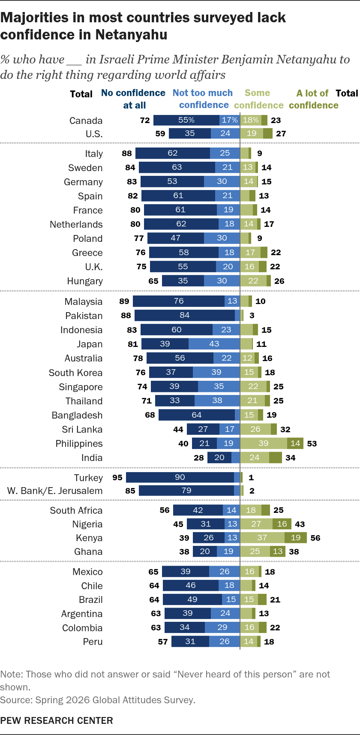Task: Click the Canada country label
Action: [86, 121]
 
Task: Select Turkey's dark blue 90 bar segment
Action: [180, 477]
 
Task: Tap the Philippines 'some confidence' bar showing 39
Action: [264, 443]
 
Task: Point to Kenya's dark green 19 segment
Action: [295, 537]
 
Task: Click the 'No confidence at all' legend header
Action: [133, 99]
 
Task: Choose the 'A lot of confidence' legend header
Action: [313, 99]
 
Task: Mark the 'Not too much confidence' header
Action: [203, 99]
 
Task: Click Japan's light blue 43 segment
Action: [214, 344]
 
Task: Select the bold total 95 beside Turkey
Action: [117, 477]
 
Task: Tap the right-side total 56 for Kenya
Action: [315, 538]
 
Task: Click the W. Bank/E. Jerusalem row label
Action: [55, 491]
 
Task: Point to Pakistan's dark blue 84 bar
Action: [185, 315]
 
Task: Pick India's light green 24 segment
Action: [255, 458]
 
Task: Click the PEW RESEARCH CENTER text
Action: [57, 720]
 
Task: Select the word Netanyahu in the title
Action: [131, 35]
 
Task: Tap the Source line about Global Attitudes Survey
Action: [98, 700]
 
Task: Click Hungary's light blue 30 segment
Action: [222, 281]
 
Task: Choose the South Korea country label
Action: [75, 373]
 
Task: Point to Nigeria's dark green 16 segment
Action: [282, 524]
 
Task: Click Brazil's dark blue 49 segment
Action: [192, 599]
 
